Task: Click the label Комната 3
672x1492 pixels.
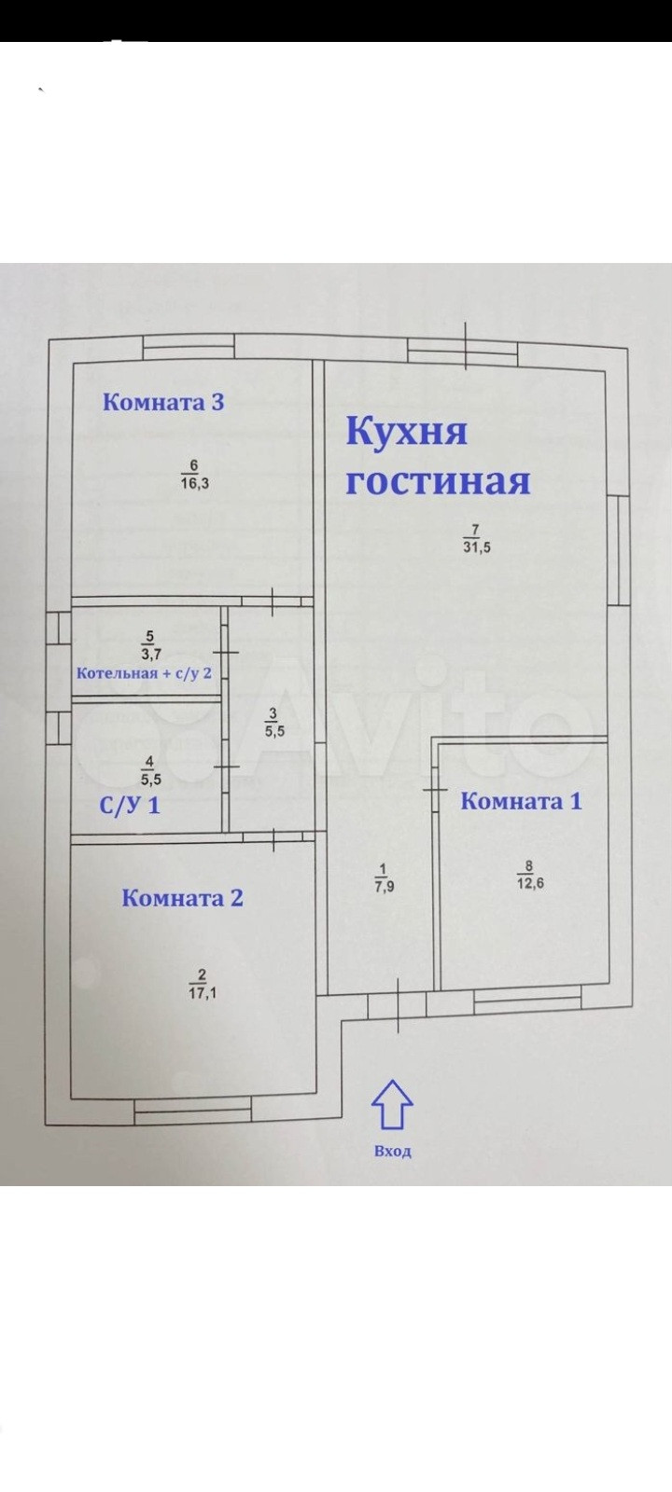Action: coord(163,403)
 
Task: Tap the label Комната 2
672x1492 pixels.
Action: coord(183,898)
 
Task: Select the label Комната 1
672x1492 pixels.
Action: coord(522,801)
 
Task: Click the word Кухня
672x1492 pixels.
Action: coord(407,432)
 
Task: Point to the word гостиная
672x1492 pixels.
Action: coord(438,481)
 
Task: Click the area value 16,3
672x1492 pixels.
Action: coord(194,482)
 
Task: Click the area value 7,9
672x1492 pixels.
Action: coord(384,887)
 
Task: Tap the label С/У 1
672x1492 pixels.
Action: coord(130,805)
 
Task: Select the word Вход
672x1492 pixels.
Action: coord(392,1152)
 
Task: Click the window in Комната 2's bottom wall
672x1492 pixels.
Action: coord(193,1110)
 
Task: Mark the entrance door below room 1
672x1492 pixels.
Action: coord(399,1005)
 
